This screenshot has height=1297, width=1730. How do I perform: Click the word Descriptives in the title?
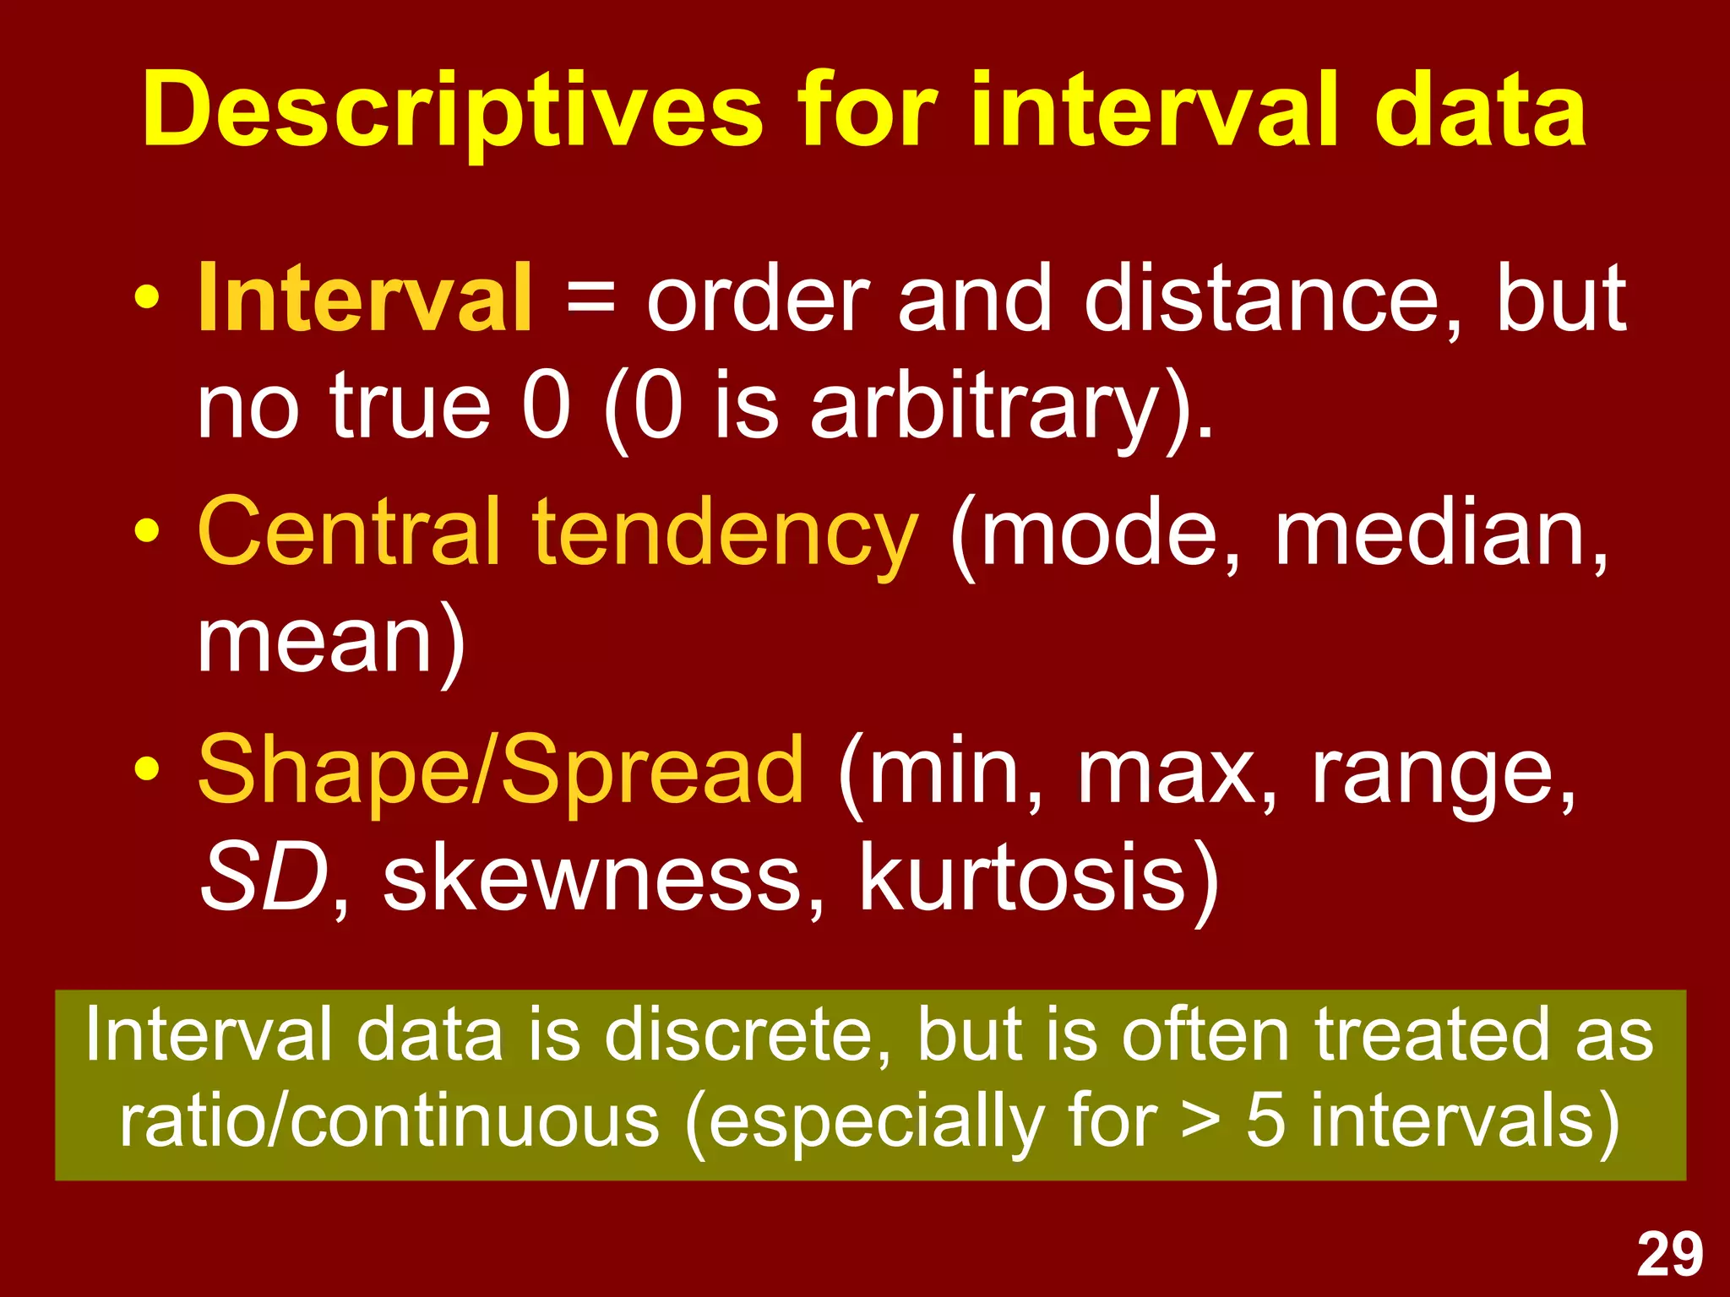pos(452,111)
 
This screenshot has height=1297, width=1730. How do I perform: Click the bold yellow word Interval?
pos(365,298)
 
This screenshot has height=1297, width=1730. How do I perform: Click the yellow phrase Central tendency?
pos(557,532)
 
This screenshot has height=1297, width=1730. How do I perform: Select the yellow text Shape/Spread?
pos(500,769)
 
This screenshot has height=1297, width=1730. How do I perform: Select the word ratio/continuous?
pos(389,1123)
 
